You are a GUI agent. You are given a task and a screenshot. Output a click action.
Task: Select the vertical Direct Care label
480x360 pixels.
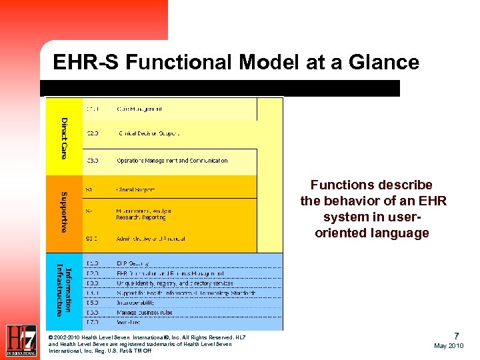point(64,137)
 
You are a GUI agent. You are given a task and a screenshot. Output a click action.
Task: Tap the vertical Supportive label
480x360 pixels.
point(63,212)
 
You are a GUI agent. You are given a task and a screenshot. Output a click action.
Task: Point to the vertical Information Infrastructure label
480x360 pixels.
point(63,290)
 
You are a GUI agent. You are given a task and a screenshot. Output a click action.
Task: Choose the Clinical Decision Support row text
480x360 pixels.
point(148,133)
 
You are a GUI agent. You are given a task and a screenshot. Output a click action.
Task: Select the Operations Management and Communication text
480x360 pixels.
point(172,161)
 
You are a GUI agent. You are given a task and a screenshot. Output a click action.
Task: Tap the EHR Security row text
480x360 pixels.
point(133,264)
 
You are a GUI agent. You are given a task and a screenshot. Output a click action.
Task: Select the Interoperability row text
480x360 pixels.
point(139,302)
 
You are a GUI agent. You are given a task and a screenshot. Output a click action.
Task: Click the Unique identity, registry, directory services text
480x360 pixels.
point(175,283)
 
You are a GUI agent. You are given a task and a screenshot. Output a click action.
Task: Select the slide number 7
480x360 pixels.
point(457,335)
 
